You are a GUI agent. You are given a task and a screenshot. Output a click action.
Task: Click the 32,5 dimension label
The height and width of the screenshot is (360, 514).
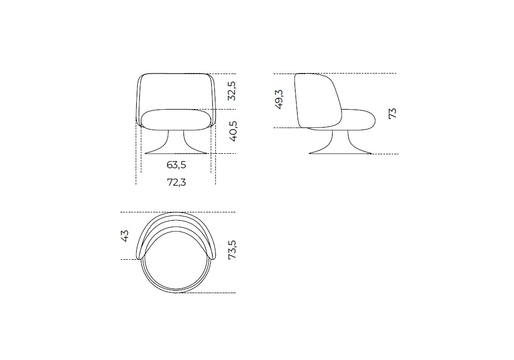(x=232, y=91)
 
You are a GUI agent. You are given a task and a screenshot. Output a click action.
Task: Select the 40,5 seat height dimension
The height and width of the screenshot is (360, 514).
(x=232, y=131)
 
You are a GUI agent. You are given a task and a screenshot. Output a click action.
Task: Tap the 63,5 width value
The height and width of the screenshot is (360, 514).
(x=176, y=165)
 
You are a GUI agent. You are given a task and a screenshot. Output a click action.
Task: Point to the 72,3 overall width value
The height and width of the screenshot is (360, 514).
(x=177, y=182)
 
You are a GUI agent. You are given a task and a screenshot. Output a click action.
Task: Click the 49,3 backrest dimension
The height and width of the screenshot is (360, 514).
(x=279, y=99)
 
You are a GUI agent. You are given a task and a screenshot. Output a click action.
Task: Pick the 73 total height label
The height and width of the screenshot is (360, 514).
(x=392, y=114)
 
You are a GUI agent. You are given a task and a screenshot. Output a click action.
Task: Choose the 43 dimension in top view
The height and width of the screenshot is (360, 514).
(x=125, y=236)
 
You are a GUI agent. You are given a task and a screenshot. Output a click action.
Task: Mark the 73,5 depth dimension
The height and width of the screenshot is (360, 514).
(x=232, y=250)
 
